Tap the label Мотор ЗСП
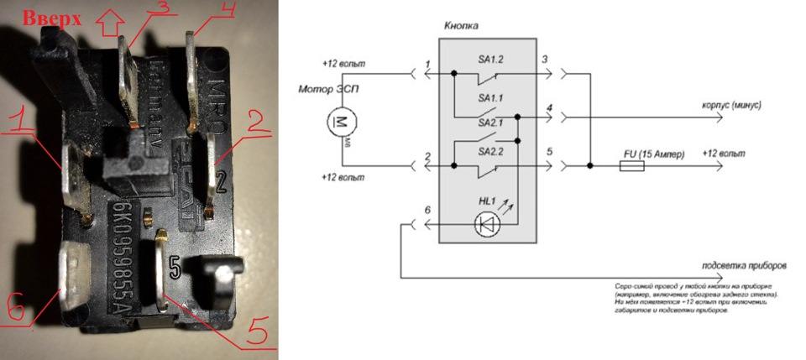pyautogui.click(x=322, y=89)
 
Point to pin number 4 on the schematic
pyautogui.click(x=548, y=107)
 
